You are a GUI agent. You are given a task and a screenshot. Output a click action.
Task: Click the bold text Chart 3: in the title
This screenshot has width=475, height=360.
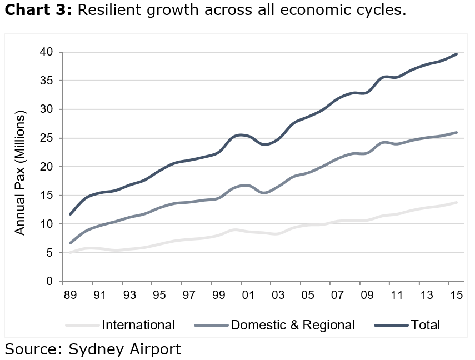[x=38, y=10]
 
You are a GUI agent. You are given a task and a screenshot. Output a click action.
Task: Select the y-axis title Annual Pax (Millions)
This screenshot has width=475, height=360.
[x=21, y=173]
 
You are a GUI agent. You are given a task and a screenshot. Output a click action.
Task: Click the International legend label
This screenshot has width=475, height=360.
[x=138, y=325]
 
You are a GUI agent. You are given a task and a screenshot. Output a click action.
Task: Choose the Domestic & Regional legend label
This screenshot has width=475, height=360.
[x=292, y=325]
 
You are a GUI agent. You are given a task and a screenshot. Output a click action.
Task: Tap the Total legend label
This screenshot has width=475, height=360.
[x=425, y=325]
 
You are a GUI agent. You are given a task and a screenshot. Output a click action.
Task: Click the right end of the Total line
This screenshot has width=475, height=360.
[x=457, y=54]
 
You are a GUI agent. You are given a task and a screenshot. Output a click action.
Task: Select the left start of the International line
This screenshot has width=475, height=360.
[x=69, y=253]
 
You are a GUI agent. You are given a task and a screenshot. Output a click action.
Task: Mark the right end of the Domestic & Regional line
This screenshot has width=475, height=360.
[x=457, y=132]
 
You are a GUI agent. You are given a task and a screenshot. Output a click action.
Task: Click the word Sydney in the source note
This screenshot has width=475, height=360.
[x=93, y=349]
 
